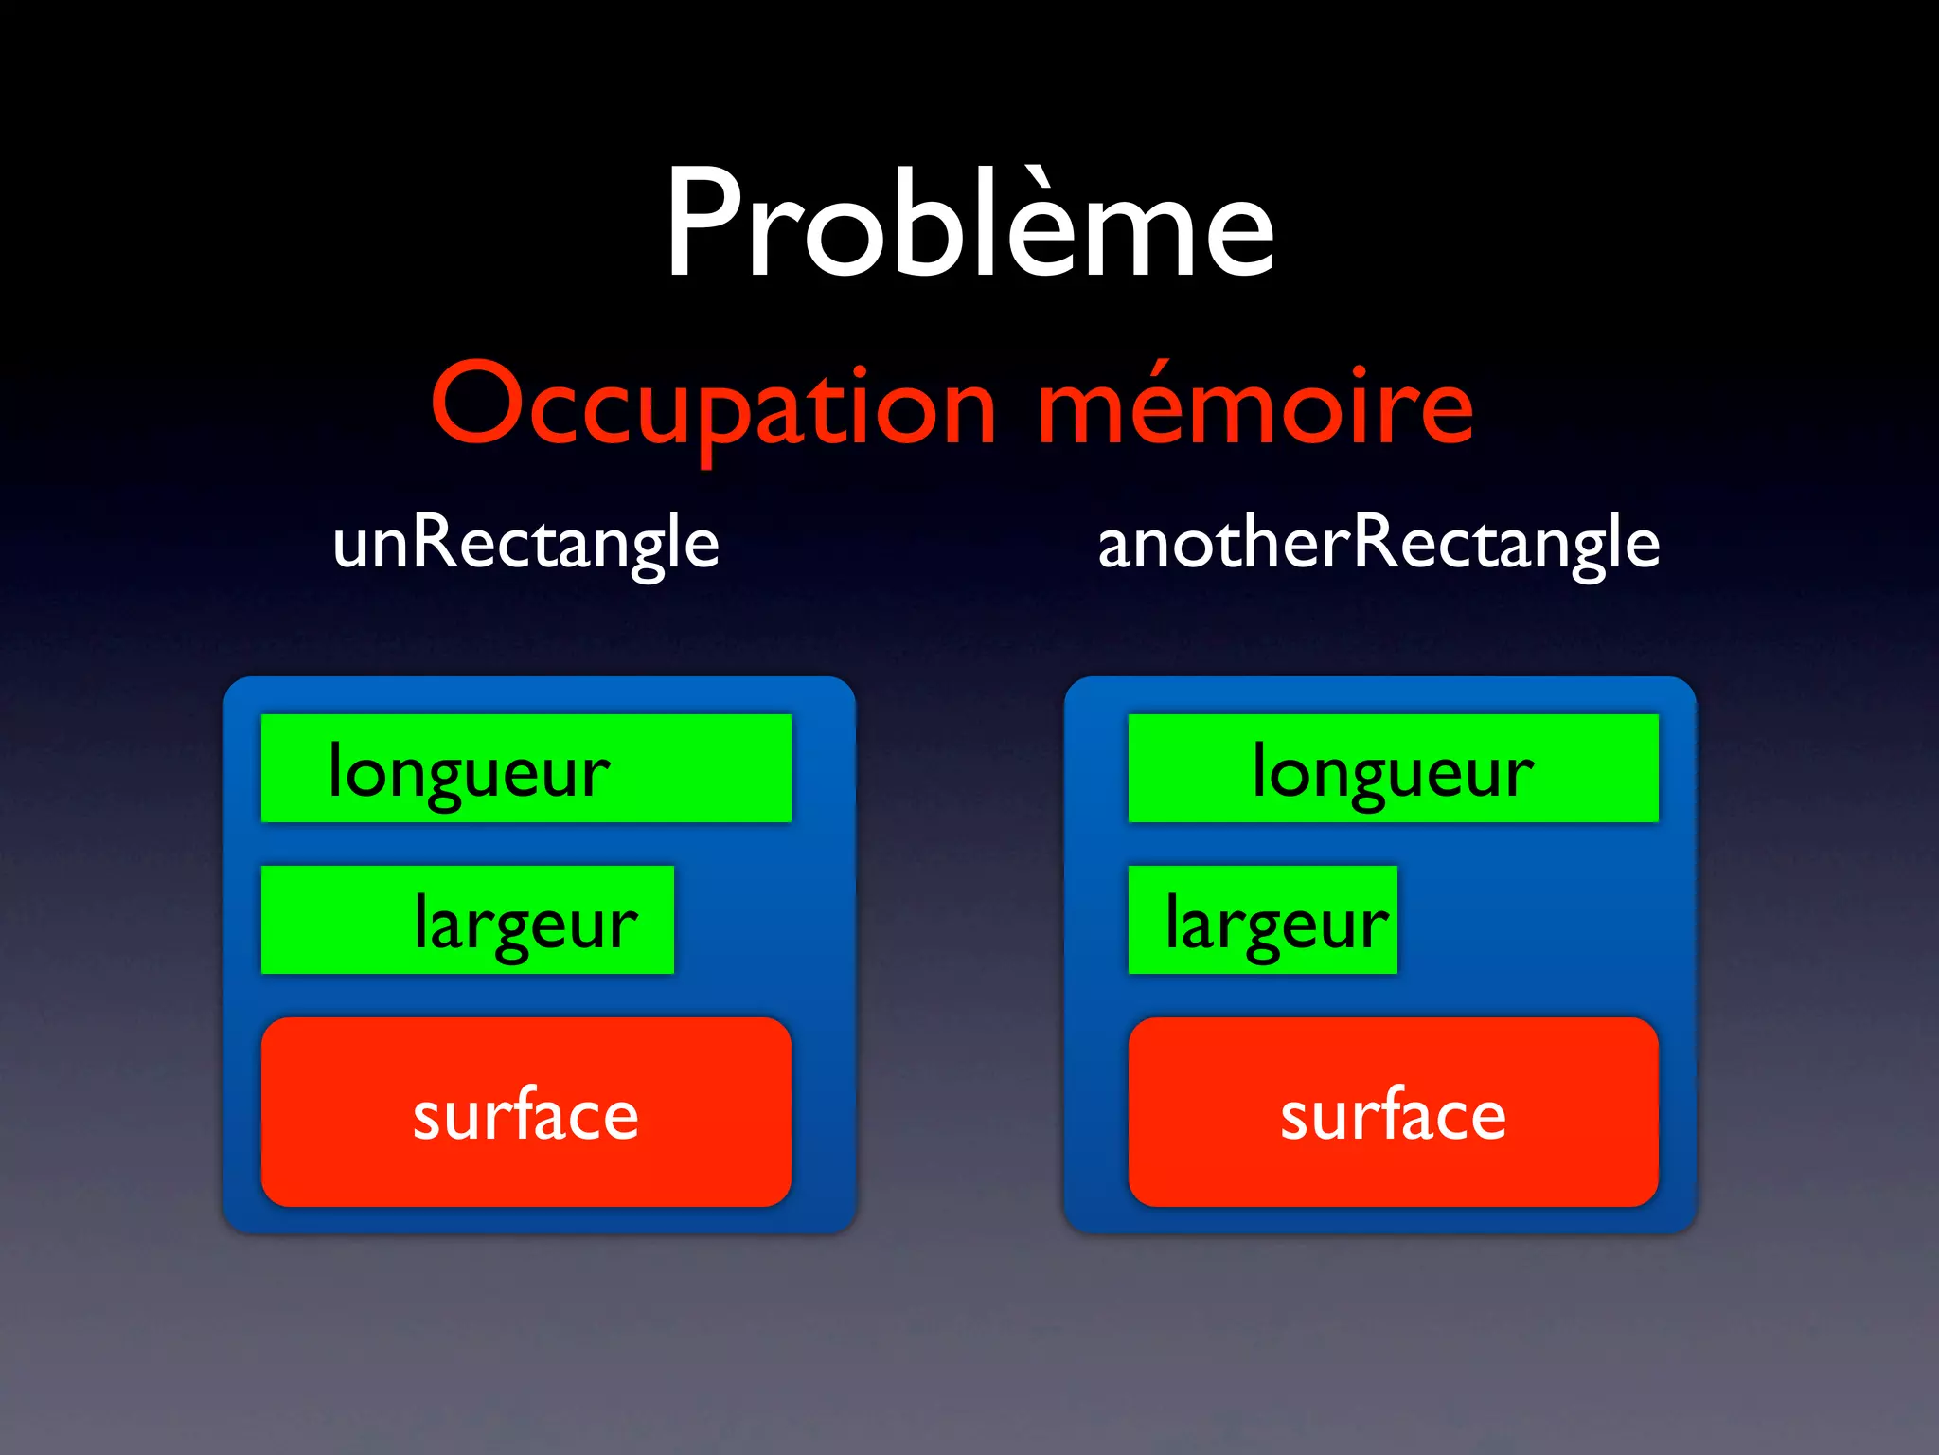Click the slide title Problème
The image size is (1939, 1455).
(969, 225)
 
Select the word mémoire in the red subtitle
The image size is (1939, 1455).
(1255, 405)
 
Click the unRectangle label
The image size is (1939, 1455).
(525, 543)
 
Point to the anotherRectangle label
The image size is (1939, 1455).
(1379, 543)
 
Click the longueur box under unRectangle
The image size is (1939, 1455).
(525, 768)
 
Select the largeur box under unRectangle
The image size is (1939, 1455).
(467, 920)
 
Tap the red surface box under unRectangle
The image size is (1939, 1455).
(525, 1111)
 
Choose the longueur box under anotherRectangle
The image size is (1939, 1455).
(1393, 768)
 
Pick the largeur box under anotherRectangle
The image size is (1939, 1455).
(1262, 920)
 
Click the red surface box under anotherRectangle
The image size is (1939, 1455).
(1393, 1111)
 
